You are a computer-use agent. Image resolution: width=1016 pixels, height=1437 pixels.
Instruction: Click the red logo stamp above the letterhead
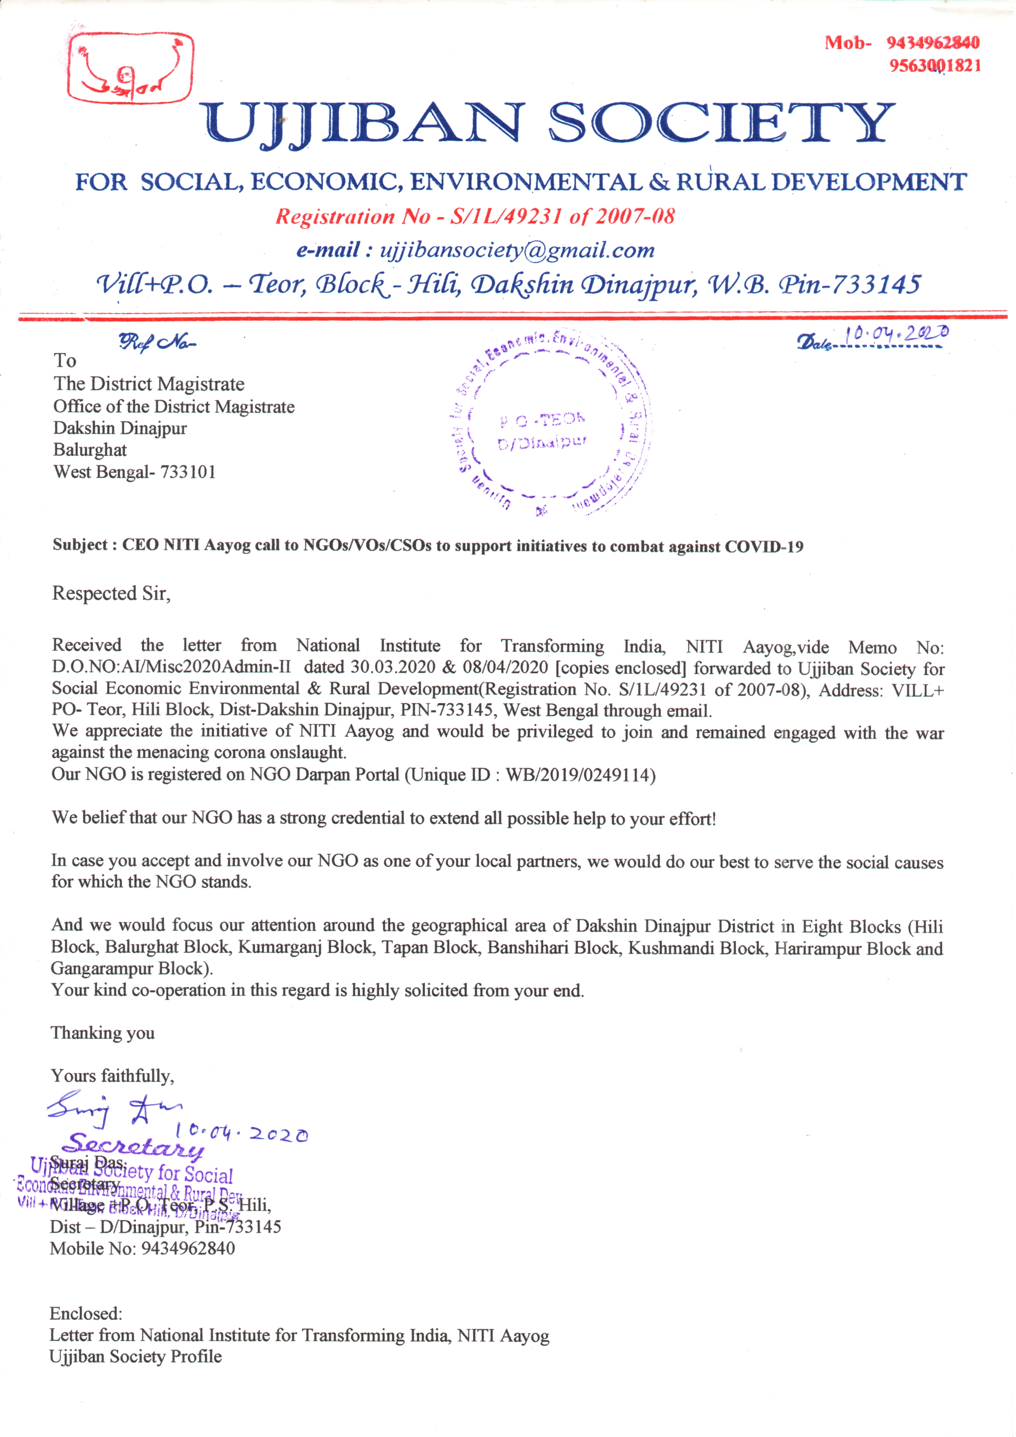pos(130,68)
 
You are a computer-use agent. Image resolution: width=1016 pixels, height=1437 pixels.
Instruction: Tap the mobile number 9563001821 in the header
pos(935,66)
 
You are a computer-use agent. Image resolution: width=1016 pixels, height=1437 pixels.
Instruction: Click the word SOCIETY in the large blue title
pos(721,123)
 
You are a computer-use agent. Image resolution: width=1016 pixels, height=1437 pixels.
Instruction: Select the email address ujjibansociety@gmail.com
pos(517,250)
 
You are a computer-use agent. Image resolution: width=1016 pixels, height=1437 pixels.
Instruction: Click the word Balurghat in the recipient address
pos(90,450)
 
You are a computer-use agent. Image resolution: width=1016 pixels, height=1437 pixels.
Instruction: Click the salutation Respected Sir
pos(111,593)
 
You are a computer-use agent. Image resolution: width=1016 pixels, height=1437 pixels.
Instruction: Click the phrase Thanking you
pos(103,1033)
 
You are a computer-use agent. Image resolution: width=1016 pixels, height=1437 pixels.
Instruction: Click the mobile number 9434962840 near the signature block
pos(188,1249)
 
